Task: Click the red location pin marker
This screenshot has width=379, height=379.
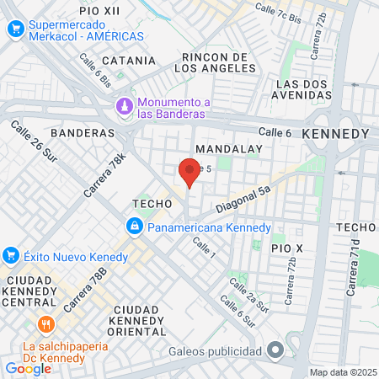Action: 189,173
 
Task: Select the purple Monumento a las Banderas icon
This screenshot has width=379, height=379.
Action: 125,107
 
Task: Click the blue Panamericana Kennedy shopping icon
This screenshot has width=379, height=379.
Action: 134,227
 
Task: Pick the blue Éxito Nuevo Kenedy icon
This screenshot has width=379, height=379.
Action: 12,254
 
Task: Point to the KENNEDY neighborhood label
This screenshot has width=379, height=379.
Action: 334,135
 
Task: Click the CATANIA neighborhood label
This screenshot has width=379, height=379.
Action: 129,61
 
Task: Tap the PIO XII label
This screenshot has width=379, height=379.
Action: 100,11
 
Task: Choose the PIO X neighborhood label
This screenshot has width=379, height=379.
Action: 286,248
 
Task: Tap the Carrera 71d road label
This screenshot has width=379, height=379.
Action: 351,266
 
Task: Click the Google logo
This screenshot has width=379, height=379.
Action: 28,368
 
